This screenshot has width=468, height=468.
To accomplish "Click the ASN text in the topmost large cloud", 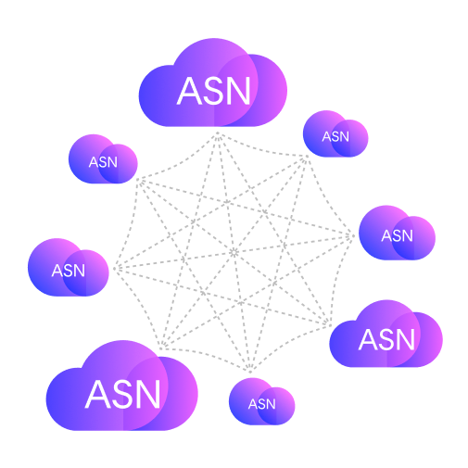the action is coord(213,91).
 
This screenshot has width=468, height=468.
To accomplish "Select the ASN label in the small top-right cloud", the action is coord(335,136).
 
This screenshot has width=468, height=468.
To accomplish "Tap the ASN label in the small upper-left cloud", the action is coord(103,162).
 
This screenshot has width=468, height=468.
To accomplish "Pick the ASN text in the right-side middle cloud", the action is coord(397,236).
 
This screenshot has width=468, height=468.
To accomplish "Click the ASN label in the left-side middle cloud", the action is coord(69,271).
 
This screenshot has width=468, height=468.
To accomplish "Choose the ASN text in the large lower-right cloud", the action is coord(386,339).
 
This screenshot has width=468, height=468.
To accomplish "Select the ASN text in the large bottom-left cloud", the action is coord(122,394).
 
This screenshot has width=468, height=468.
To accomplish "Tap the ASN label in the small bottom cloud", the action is coord(262,404).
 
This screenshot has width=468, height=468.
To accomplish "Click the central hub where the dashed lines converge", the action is coord(234,253).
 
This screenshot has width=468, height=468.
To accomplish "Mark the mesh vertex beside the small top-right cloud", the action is coord(306,158).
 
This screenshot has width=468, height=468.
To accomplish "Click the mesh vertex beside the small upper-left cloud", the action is coord(139,181).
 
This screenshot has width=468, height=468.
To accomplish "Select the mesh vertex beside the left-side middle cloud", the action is coord(116,269).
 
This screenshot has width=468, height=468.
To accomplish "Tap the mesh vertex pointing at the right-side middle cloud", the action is coord(352,236).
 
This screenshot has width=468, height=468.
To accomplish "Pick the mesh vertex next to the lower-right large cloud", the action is coord(328,323).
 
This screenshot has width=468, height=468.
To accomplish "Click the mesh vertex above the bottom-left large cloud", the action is coord(162,347).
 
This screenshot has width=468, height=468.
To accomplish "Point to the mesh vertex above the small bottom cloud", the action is coord(250,370).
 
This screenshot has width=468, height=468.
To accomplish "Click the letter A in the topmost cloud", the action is coord(189,91).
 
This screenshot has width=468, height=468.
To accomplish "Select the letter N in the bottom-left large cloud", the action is coord(148,394).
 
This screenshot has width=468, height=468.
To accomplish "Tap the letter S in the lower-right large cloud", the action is coord(387,339).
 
